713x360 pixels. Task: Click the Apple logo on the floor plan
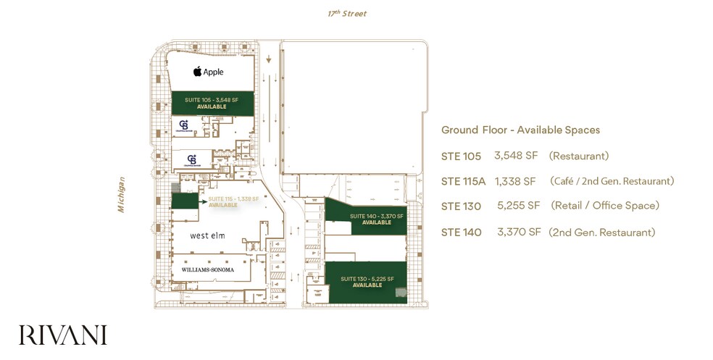tap(197, 72)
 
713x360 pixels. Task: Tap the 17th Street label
tap(346, 14)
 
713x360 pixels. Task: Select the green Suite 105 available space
tap(212, 103)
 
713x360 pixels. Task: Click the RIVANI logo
tap(63, 335)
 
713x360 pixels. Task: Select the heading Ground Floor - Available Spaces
tap(520, 130)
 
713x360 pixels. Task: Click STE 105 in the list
tap(461, 156)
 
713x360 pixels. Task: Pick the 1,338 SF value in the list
tap(515, 181)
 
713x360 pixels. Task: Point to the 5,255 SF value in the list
tap(519, 206)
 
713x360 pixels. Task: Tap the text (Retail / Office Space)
tap(605, 206)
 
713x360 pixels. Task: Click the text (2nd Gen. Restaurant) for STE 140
tap(602, 233)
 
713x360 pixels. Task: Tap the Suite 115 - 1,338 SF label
tap(233, 198)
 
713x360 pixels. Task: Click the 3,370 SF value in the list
tap(519, 233)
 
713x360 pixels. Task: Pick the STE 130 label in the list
tap(461, 206)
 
